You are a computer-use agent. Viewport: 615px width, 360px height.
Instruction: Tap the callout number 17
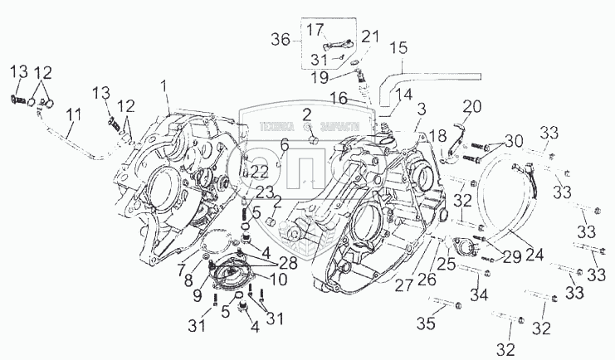pyautogui.click(x=315, y=30)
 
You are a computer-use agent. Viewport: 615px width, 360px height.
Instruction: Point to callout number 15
pyautogui.click(x=398, y=48)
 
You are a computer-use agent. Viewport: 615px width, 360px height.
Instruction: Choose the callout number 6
pyautogui.click(x=284, y=144)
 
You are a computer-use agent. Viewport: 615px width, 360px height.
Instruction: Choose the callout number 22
pyautogui.click(x=260, y=172)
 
